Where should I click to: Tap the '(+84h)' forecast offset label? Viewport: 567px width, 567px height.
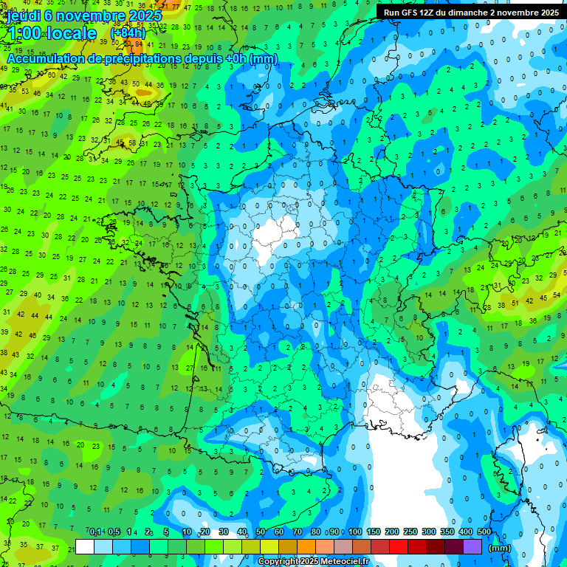click(x=128, y=32)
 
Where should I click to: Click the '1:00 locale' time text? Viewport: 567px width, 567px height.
click(x=52, y=33)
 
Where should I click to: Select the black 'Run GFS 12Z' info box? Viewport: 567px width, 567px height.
click(x=470, y=13)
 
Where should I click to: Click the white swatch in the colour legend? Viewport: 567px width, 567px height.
click(x=85, y=547)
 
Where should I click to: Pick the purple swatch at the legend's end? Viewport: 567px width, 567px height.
click(x=472, y=547)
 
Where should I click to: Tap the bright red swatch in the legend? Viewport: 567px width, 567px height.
click(x=399, y=547)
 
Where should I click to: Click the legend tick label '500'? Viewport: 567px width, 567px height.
click(x=484, y=532)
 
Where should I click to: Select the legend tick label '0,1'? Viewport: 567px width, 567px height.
click(x=95, y=532)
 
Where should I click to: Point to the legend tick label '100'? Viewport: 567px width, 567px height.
click(x=355, y=532)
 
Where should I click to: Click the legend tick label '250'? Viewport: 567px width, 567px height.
click(x=410, y=532)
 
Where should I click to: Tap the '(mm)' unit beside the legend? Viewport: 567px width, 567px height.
click(x=500, y=548)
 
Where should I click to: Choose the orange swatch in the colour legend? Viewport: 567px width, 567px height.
click(x=306, y=547)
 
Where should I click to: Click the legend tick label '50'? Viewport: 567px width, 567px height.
click(x=261, y=532)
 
